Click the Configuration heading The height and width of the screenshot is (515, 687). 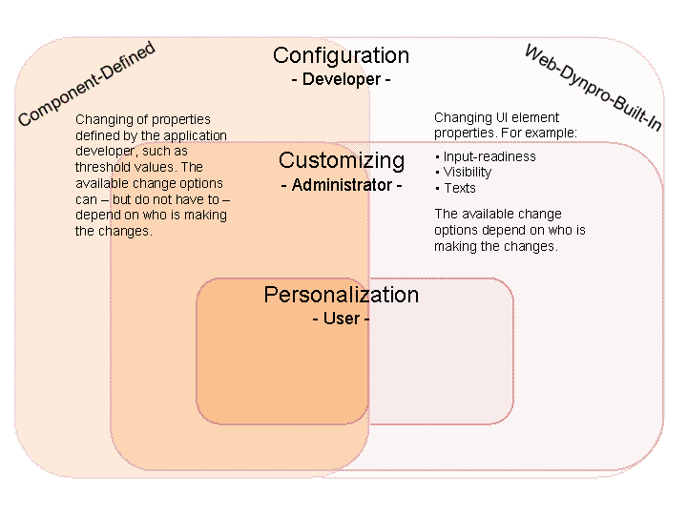[x=341, y=55]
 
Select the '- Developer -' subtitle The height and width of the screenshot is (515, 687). [x=341, y=80]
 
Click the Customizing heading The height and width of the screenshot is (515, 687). [x=342, y=160]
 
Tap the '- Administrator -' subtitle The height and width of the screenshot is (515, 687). [x=342, y=185]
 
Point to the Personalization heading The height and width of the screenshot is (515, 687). [x=342, y=295]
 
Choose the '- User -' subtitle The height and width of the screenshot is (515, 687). [x=341, y=319]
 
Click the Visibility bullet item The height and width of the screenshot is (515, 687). [x=467, y=173]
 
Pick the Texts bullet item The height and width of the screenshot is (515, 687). [x=459, y=188]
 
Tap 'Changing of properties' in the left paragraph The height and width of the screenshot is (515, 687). [x=142, y=119]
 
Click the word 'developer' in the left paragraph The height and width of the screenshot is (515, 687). [x=105, y=151]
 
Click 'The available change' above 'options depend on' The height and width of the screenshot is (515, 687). [x=498, y=215]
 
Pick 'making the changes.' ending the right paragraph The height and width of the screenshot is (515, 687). [x=495, y=247]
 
